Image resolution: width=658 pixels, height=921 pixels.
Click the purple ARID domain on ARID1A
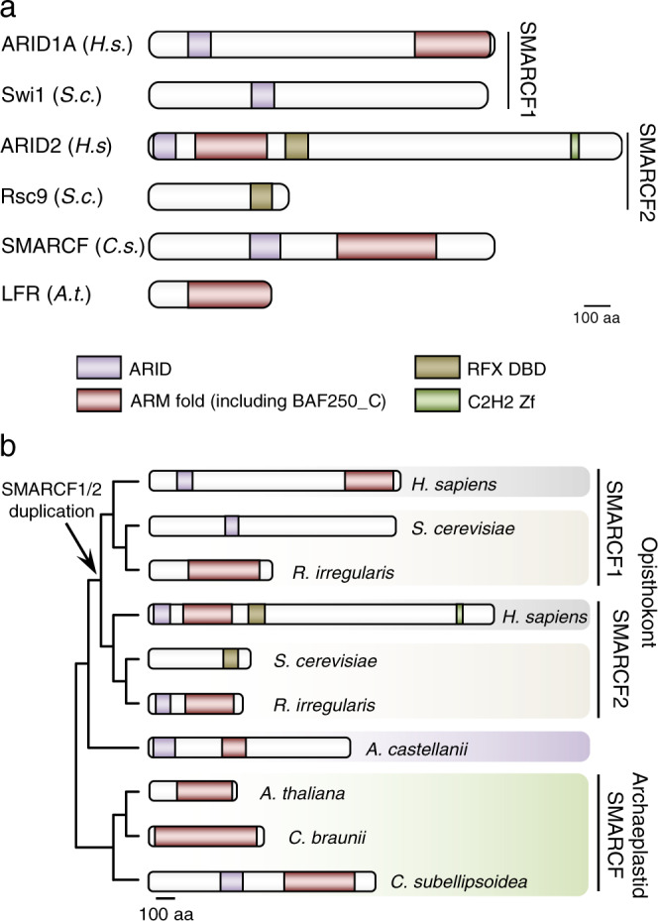pyautogui.click(x=199, y=44)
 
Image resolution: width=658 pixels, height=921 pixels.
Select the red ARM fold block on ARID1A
pyautogui.click(x=452, y=44)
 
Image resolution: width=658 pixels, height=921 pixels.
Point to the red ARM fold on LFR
pyautogui.click(x=228, y=295)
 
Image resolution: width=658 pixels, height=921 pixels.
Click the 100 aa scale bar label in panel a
pyautogui.click(x=598, y=319)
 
